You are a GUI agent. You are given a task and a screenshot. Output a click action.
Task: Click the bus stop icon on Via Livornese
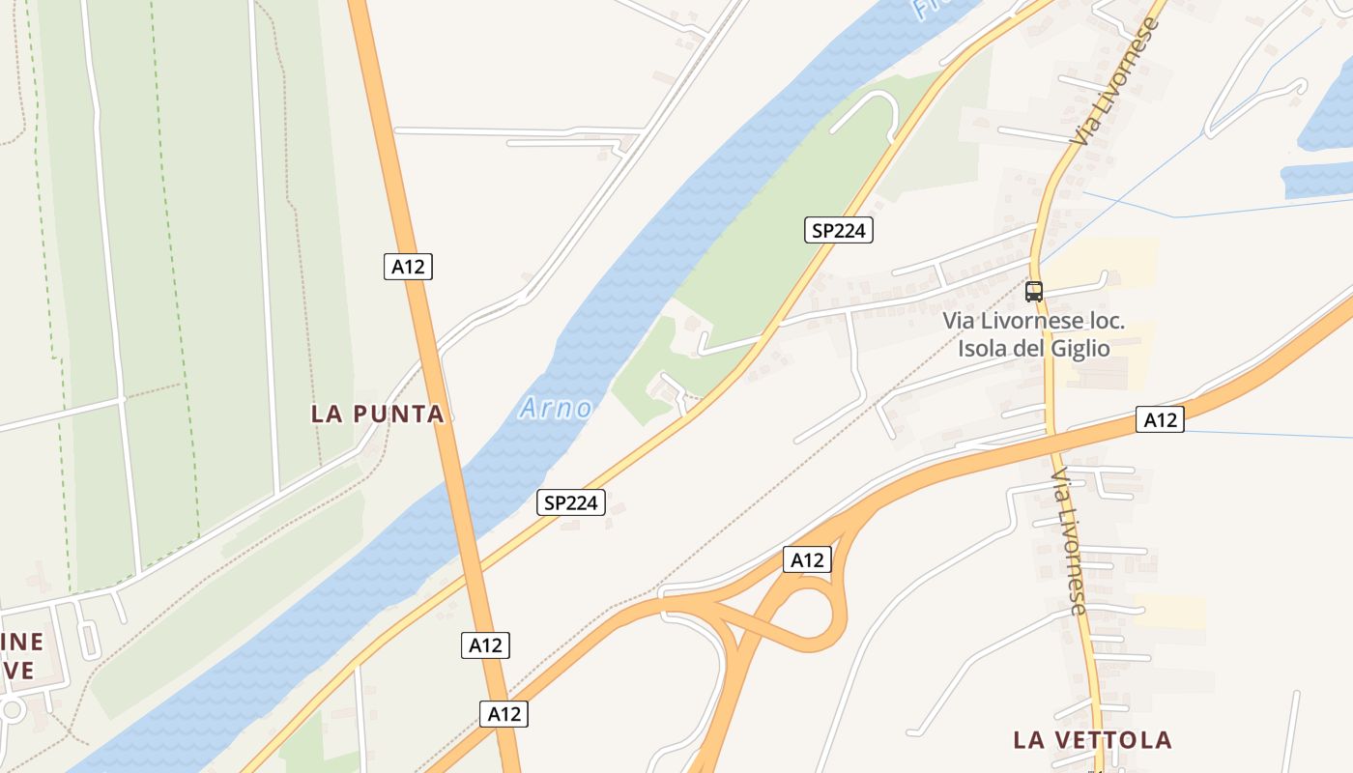tap(1034, 291)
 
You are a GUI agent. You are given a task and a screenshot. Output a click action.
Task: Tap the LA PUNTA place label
tap(377, 414)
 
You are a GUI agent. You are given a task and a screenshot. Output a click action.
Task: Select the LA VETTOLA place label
tap(1092, 740)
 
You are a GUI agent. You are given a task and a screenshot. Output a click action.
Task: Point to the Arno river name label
tap(556, 408)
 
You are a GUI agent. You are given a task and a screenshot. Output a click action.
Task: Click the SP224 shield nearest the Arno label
tap(571, 502)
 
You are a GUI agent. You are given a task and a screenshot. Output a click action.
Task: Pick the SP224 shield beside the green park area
tap(839, 230)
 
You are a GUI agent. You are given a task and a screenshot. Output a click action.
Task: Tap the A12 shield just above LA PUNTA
tap(408, 267)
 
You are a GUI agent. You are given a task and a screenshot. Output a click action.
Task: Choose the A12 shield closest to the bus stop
tap(1160, 419)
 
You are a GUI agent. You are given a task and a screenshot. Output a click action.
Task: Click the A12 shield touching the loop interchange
tap(807, 559)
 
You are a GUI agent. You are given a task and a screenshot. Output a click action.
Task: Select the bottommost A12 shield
tap(504, 714)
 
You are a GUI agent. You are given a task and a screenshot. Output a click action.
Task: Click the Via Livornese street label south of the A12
tap(1069, 541)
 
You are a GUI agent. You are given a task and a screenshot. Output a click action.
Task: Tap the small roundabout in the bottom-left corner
tap(12, 710)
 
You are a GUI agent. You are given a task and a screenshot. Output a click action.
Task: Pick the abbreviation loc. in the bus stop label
tap(1103, 320)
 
